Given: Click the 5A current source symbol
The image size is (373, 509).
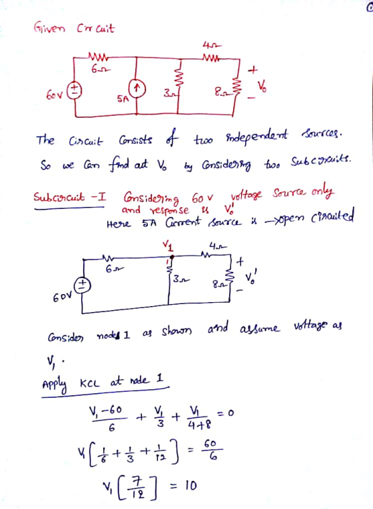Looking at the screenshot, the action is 137,88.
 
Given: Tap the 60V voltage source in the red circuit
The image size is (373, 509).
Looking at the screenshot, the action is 75,90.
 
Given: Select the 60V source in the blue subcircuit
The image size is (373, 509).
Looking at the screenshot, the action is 82,285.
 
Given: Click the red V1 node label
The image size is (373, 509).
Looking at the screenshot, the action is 168,246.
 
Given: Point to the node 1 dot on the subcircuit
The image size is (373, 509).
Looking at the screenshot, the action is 173,257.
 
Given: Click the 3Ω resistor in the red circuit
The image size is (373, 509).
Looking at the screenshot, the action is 178,79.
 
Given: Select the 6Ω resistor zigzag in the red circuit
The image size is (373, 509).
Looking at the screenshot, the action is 97,58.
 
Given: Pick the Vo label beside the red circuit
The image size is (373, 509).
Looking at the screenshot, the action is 262,86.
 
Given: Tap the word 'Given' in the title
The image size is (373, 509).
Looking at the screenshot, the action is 49,28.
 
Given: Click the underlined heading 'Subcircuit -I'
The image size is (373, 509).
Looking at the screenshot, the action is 69,197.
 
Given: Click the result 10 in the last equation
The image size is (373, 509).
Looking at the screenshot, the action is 191,486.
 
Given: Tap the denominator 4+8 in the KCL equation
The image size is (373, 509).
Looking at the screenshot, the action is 199,424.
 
